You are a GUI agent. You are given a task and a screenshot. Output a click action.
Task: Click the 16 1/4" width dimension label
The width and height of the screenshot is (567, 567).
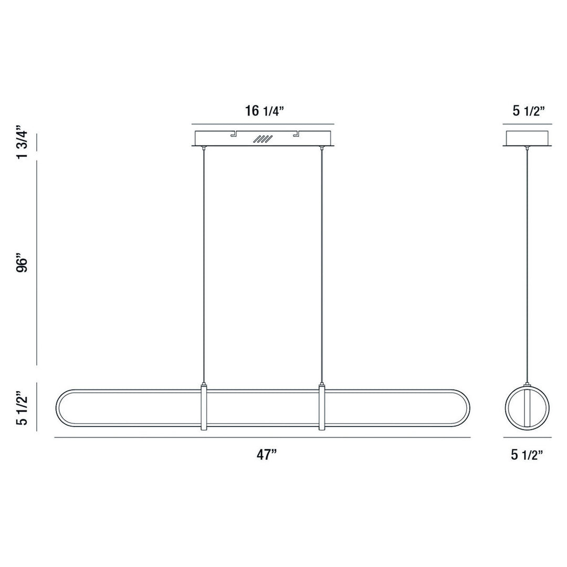tap(265, 111)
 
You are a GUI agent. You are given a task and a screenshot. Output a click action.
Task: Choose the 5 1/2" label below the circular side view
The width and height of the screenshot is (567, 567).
tap(527, 455)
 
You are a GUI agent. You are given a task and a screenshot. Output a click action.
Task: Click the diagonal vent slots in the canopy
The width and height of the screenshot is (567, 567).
tap(263, 139)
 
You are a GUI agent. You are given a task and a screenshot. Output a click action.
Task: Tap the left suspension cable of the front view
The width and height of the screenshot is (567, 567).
tap(203, 262)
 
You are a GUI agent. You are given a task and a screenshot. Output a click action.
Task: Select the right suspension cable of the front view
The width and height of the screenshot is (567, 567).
tap(321, 262)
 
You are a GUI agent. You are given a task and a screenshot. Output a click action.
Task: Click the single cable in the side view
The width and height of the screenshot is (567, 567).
tap(527, 262)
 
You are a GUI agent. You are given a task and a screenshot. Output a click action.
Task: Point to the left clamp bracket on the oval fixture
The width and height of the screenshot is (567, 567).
tap(204, 408)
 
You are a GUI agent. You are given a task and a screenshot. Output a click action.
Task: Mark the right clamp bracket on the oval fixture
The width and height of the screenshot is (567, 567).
tap(321, 408)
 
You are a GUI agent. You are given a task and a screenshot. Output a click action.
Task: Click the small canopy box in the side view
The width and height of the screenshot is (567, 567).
tap(527, 138)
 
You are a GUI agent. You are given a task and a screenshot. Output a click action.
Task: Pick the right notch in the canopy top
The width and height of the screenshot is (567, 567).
tap(296, 134)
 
